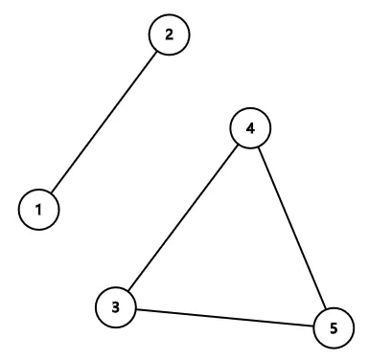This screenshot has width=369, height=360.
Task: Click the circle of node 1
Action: (x=39, y=209)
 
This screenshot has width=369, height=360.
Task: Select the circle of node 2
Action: (x=170, y=34)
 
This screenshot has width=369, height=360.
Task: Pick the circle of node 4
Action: (x=250, y=129)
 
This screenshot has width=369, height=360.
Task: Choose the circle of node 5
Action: (x=333, y=328)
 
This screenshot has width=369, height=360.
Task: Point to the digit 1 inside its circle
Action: (x=39, y=209)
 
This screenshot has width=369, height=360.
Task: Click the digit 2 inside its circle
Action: (x=170, y=34)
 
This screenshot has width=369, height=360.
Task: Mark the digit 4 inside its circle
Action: (x=250, y=129)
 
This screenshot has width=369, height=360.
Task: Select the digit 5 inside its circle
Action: (x=333, y=328)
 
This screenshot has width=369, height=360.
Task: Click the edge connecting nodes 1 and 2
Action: (x=104, y=122)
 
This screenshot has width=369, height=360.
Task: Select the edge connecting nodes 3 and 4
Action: (x=182, y=218)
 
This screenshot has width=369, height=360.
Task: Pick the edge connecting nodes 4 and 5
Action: (x=291, y=229)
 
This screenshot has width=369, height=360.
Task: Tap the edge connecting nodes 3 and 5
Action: (x=223, y=317)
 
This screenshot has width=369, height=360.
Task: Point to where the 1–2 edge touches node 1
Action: (x=52, y=192)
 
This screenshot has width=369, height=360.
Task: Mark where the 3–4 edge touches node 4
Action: (x=238, y=146)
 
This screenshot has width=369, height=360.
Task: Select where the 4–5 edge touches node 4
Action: (x=258, y=147)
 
